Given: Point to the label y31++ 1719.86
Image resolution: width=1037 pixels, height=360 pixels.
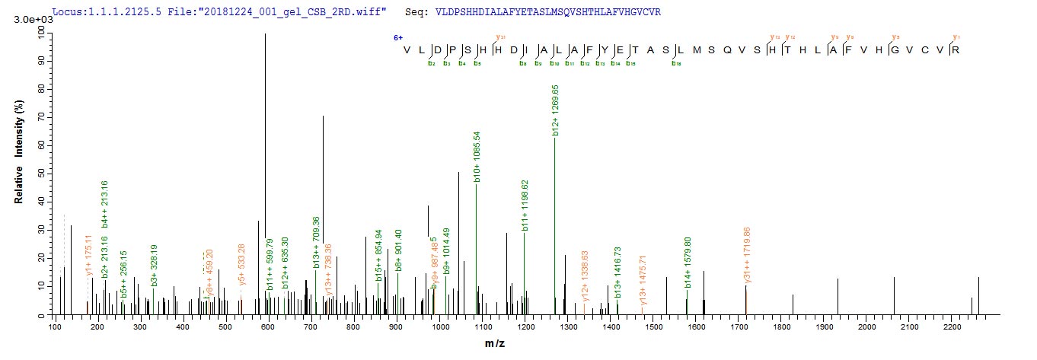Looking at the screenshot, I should (x=748, y=256).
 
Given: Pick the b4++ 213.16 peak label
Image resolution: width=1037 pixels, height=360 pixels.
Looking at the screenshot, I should (x=105, y=205).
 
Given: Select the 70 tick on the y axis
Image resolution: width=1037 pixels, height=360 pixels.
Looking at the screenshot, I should (x=36, y=116).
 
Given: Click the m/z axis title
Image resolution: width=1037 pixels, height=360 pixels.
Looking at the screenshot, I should (x=494, y=344).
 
